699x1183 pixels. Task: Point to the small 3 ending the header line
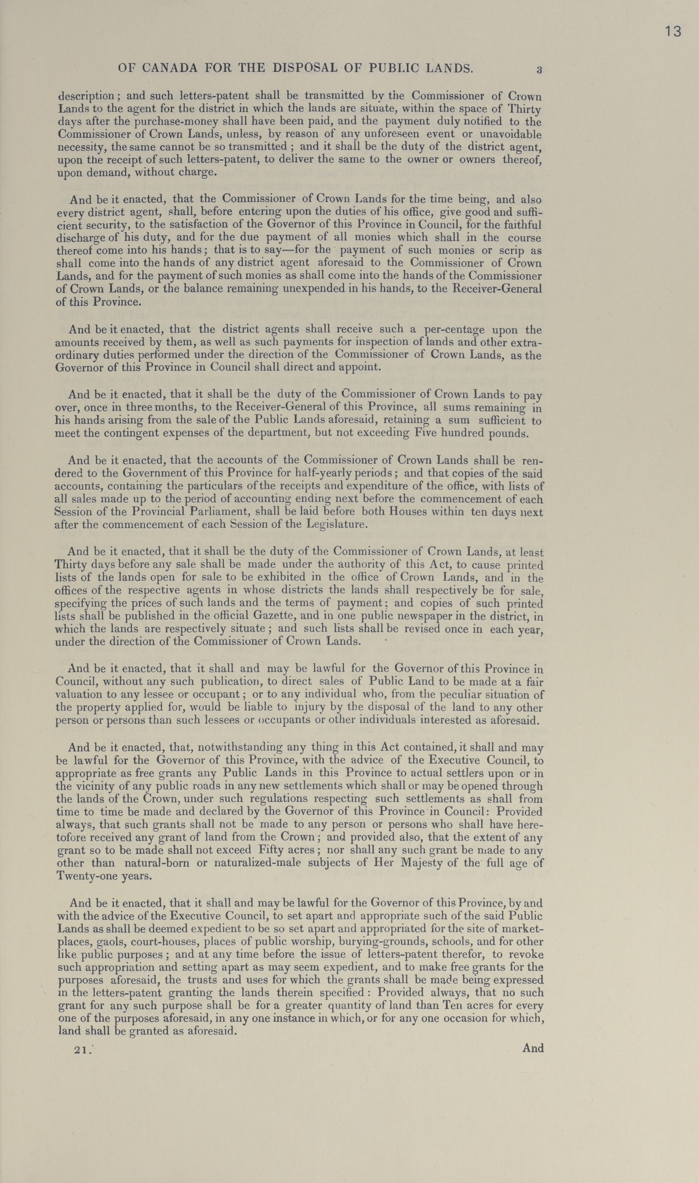pyautogui.click(x=539, y=70)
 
